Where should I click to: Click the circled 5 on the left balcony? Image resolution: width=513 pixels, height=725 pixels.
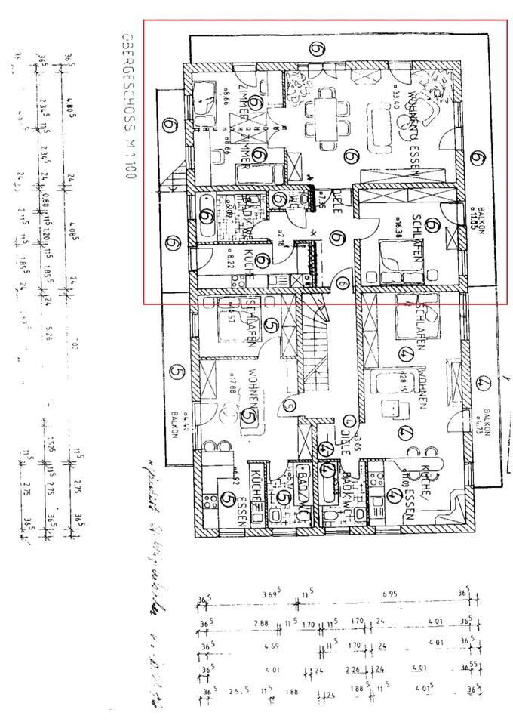pos(177,372)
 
